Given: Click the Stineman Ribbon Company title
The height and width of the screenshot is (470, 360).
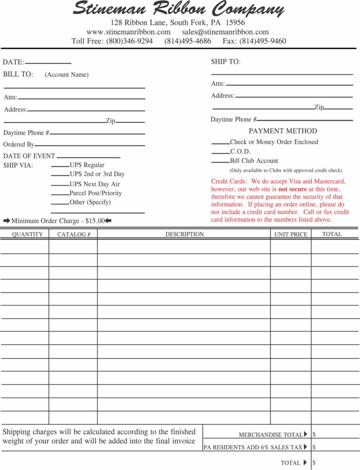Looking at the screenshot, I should tap(179, 9).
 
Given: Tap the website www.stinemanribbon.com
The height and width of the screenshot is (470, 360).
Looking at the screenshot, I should tap(128, 32).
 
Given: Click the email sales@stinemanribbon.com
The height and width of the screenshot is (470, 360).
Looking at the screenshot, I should tap(225, 32).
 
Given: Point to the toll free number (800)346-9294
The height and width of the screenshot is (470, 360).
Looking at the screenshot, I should tap(129, 41).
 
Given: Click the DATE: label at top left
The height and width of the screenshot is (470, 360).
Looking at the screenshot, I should tap(13, 62).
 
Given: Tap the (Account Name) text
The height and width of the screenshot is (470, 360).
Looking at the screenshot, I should tap(67, 75).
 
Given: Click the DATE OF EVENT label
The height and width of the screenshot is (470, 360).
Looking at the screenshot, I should tap(29, 156).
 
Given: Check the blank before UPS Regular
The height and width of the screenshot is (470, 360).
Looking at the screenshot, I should tap(60, 166).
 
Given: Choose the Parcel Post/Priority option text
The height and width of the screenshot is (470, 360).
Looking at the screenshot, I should tap(96, 193).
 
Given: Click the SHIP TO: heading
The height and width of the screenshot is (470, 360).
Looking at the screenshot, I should tap(225, 62).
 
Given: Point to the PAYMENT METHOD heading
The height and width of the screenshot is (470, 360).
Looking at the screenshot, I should tap(283, 131).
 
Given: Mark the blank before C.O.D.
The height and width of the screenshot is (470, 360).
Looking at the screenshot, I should tap(220, 152).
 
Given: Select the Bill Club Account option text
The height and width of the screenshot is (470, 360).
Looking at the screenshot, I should tap(254, 161).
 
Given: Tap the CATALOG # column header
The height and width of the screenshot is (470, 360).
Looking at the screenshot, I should tap(73, 235).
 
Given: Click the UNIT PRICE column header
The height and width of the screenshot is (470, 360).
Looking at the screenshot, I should tap(291, 235).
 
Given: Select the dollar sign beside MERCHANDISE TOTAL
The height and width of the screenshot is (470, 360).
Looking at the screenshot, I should tap(314, 434).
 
